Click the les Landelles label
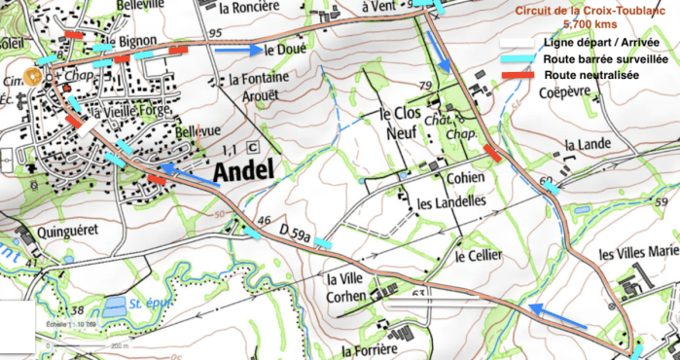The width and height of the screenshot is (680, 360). click(x=450, y=202)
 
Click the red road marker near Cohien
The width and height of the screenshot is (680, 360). click(x=493, y=153)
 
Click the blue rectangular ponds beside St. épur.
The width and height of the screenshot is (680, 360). click(x=115, y=305)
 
